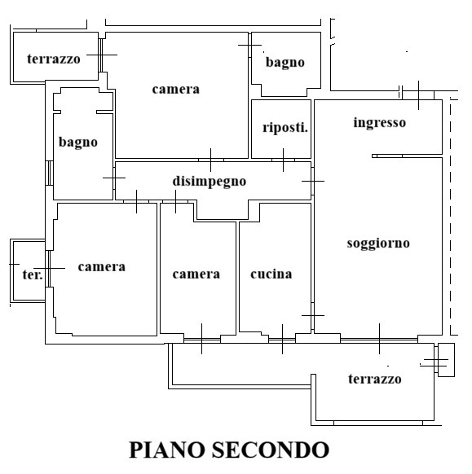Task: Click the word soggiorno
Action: coord(378,244)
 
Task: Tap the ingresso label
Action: coord(379,123)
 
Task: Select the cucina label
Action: coord(271,274)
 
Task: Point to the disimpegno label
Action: coord(210,182)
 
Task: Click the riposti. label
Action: coord(285,128)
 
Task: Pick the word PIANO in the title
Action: coord(167,450)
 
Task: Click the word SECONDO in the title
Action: coord(270,450)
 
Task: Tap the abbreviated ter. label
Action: coord(33,274)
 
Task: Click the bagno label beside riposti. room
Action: coord(285,63)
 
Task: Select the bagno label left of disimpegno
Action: coord(78,143)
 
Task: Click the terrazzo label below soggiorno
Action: coord(374,379)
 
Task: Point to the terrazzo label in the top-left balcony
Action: coord(54,59)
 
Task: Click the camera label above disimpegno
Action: coord(176,90)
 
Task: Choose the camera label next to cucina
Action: coord(196,274)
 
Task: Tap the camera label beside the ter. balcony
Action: coord(102,267)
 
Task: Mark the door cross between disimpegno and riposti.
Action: coord(283,160)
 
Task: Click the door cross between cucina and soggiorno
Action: coord(313,316)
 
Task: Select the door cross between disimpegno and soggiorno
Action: coord(313,182)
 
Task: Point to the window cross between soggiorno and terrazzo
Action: coord(379,339)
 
